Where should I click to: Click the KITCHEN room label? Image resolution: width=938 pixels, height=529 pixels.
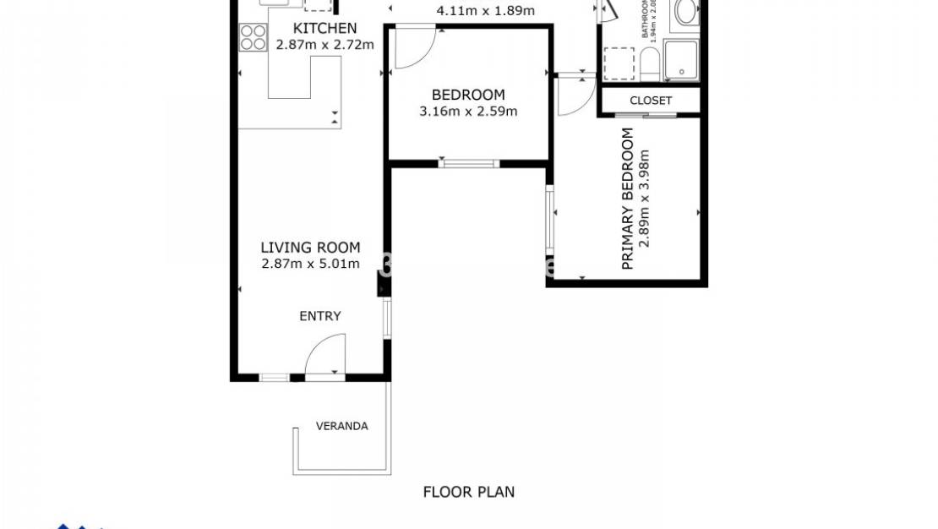pyautogui.click(x=324, y=29)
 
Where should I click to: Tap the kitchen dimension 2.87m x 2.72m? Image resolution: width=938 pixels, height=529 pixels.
pyautogui.click(x=324, y=44)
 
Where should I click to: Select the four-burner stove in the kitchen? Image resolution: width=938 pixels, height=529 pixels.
pyautogui.click(x=253, y=37)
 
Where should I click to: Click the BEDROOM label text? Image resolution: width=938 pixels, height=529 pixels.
pyautogui.click(x=468, y=95)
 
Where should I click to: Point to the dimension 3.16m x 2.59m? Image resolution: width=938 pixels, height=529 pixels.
pyautogui.click(x=468, y=111)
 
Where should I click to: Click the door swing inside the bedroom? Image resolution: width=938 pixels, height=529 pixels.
pyautogui.click(x=414, y=47)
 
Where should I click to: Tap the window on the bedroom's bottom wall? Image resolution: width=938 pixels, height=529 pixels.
pyautogui.click(x=469, y=163)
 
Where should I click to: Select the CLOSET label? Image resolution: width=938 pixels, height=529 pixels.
pyautogui.click(x=651, y=101)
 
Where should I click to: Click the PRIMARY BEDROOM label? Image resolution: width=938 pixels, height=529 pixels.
pyautogui.click(x=627, y=199)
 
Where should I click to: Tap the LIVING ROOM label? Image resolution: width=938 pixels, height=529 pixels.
pyautogui.click(x=310, y=248)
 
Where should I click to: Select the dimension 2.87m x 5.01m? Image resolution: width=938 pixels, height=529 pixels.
pyautogui.click(x=310, y=264)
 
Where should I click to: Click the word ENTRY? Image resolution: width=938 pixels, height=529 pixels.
pyautogui.click(x=320, y=316)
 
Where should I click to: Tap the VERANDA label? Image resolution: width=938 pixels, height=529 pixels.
pyautogui.click(x=341, y=426)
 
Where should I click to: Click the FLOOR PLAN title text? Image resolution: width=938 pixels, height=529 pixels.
pyautogui.click(x=468, y=492)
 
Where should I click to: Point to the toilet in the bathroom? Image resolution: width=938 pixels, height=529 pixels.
pyautogui.click(x=650, y=64)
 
